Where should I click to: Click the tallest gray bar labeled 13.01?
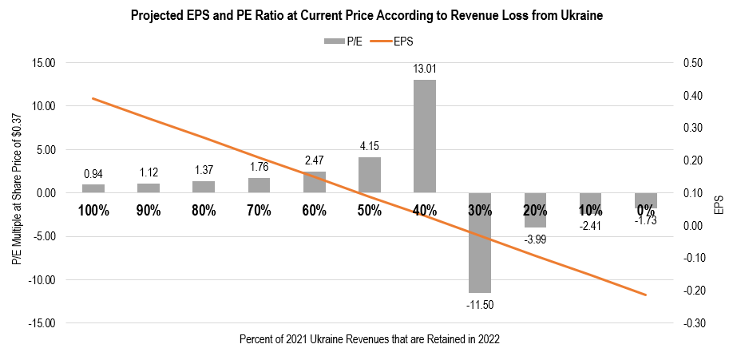(x=425, y=136)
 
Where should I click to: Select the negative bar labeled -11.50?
(x=480, y=243)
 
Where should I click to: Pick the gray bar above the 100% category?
(x=93, y=188)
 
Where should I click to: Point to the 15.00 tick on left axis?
(x=39, y=62)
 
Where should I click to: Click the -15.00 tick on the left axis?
(x=38, y=323)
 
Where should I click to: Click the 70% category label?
(x=260, y=211)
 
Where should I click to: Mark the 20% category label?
(x=535, y=211)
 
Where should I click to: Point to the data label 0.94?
(x=93, y=174)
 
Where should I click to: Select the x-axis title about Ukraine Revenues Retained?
(x=369, y=339)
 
